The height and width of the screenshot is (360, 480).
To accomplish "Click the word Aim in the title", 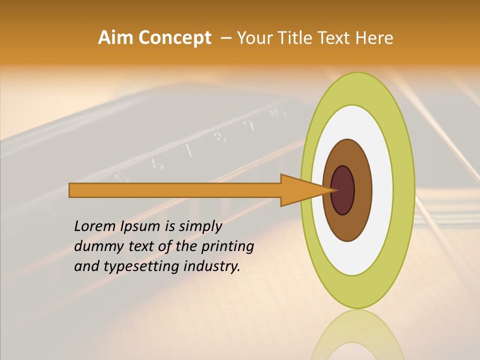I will (x=115, y=38).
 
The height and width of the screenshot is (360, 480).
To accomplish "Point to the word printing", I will (x=227, y=247).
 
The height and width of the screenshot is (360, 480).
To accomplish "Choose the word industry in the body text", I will (x=212, y=266).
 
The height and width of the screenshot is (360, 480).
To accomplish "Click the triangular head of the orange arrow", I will (x=300, y=190).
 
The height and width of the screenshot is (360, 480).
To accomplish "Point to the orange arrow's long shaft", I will (x=175, y=190).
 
